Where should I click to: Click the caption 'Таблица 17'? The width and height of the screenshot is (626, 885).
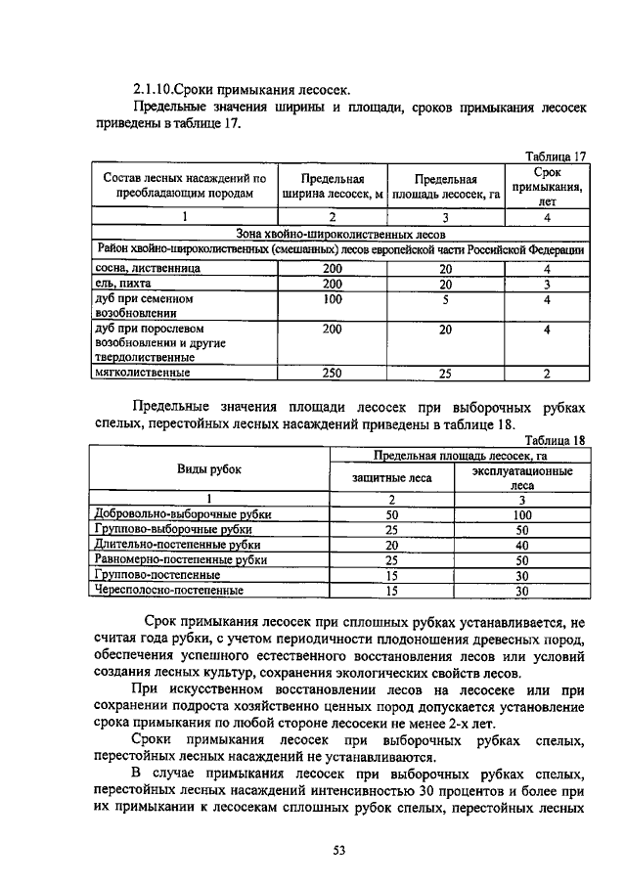pyautogui.click(x=555, y=156)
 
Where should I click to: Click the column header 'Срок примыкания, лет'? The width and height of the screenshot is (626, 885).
pyautogui.click(x=547, y=186)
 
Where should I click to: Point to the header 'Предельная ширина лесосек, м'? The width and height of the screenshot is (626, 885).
pyautogui.click(x=332, y=186)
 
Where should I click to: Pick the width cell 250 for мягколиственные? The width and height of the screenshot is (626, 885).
pyautogui.click(x=332, y=373)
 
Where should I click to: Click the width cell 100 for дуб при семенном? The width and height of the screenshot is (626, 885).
pyautogui.click(x=332, y=299)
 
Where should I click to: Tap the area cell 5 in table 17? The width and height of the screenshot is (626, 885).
pyautogui.click(x=445, y=299)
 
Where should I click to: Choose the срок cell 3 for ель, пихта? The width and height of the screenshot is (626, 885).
pyautogui.click(x=547, y=283)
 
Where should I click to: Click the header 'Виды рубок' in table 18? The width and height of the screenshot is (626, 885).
pyautogui.click(x=208, y=468)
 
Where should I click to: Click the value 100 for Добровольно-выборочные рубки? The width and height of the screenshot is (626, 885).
pyautogui.click(x=521, y=513)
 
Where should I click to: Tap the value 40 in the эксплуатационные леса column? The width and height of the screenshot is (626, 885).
pyautogui.click(x=521, y=545)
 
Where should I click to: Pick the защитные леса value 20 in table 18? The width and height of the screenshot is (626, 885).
pyautogui.click(x=391, y=545)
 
